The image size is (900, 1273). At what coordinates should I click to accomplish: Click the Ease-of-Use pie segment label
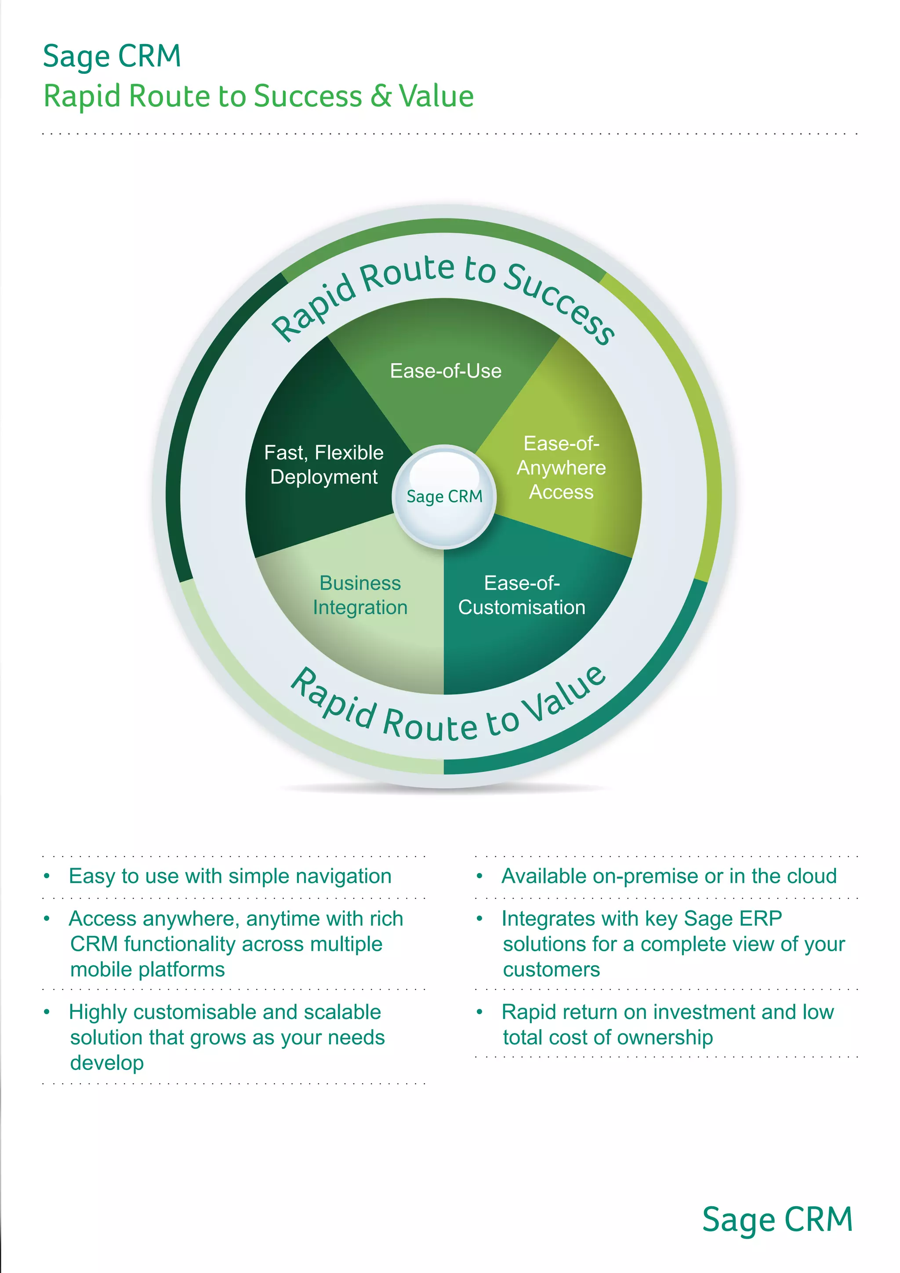tap(446, 371)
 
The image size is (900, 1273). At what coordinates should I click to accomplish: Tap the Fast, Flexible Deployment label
tap(323, 465)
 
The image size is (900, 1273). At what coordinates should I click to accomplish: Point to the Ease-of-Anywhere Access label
tap(561, 468)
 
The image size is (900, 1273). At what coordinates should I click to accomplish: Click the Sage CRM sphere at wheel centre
tap(444, 496)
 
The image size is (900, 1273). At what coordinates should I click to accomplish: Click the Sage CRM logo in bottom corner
tap(777, 1219)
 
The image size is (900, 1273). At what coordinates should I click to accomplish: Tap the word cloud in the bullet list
tap(813, 876)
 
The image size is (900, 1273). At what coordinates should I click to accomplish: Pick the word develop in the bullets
tap(107, 1063)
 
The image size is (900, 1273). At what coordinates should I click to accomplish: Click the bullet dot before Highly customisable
tap(47, 1012)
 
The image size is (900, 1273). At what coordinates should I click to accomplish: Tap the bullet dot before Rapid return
tap(480, 1012)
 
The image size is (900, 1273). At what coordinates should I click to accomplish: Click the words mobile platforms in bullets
tap(147, 970)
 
